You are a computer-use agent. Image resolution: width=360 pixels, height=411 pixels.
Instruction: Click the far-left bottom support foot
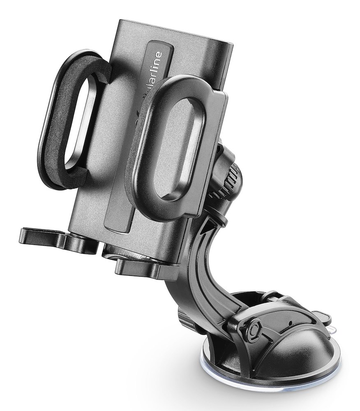pyautogui.click(x=33, y=235)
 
